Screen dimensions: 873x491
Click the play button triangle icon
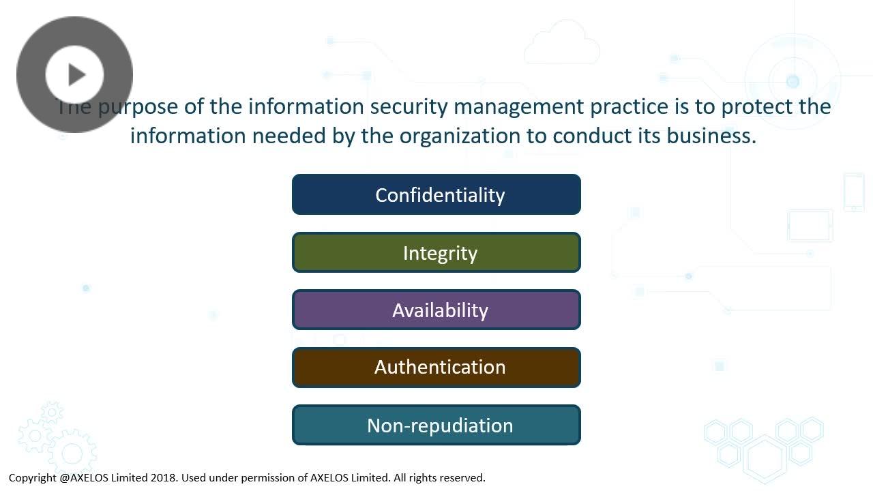coord(77,74)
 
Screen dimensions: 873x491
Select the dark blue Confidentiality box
coord(436,194)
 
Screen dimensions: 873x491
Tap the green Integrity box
coord(436,252)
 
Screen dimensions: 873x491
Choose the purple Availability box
coord(436,310)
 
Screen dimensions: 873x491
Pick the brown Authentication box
coord(436,367)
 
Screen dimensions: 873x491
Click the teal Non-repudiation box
coord(436,425)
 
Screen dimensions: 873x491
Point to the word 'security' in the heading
coord(409,107)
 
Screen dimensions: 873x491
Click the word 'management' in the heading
coord(519,107)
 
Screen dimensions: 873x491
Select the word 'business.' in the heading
coord(711,136)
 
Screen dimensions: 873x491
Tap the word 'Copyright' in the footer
coord(32,478)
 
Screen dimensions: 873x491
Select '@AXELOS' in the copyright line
coord(84,478)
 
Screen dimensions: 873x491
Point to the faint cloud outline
coord(562,42)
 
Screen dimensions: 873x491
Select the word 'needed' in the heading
coord(288,136)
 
